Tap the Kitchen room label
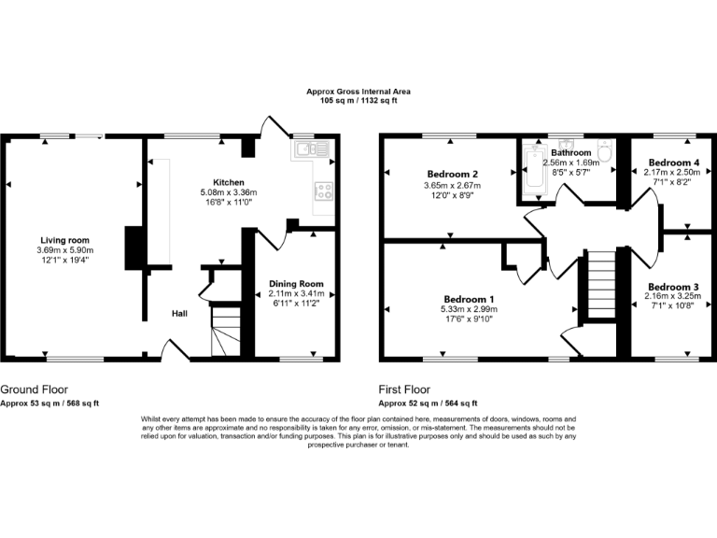coord(229,182)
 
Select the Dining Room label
coord(296,284)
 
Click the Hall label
coord(180,314)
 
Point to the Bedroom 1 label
coord(469,299)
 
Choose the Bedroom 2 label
coord(453,175)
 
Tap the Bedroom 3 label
coord(673,286)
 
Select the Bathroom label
coord(570,152)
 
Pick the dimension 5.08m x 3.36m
coord(229,192)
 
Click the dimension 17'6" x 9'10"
coord(469,319)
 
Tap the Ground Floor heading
coord(34,389)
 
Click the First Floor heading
coord(404,389)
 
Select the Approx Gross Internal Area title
coord(358,92)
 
